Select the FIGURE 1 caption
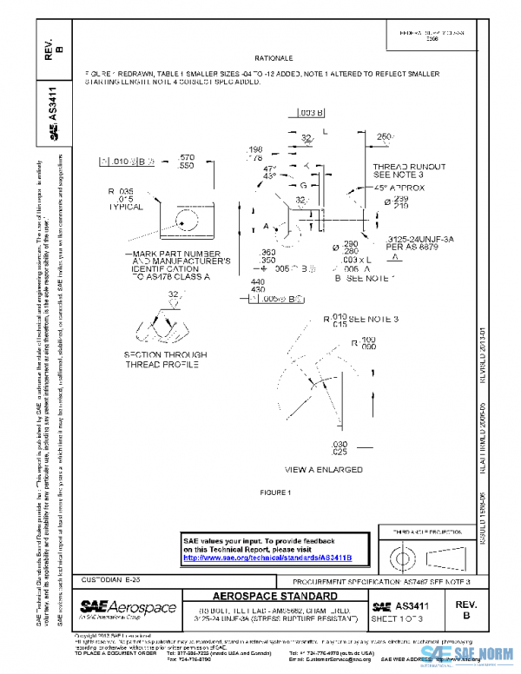(x=280, y=492)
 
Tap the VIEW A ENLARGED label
(x=324, y=469)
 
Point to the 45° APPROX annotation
(x=402, y=188)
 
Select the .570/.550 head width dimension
(x=187, y=161)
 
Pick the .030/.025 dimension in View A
(x=340, y=448)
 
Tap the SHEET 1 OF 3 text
(x=399, y=618)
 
